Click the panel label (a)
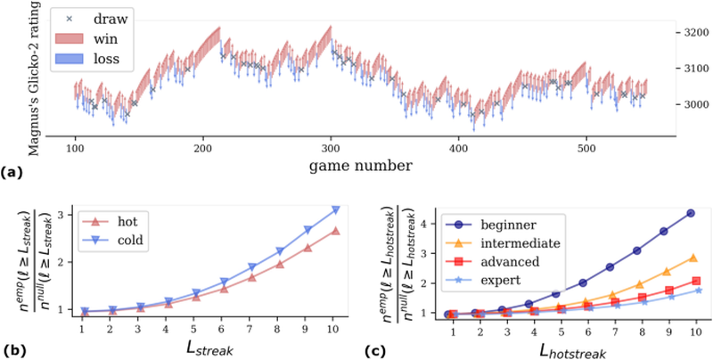click(12, 172)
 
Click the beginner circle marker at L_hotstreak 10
click(692, 213)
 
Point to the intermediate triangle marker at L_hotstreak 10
click(692, 258)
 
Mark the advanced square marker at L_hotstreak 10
click(692, 280)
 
